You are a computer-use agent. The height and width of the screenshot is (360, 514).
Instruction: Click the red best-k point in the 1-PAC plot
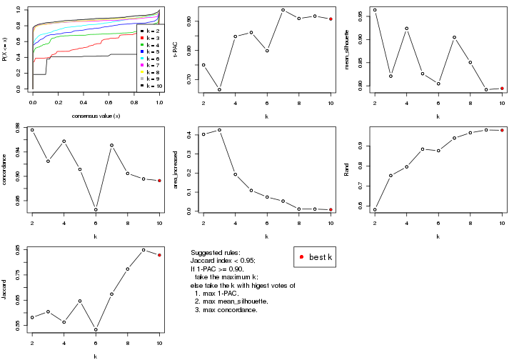[x=331, y=19]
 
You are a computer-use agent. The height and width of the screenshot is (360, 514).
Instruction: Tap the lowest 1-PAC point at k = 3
[x=219, y=89]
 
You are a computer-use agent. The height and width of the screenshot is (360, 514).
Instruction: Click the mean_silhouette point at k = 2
[x=375, y=10]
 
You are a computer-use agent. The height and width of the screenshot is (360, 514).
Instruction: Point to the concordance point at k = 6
[x=96, y=209]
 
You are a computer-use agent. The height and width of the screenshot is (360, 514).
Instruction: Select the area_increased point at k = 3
[x=219, y=130]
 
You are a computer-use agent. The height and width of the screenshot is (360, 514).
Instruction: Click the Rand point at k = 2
[x=375, y=209]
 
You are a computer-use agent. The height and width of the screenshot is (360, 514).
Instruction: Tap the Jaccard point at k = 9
[x=143, y=250]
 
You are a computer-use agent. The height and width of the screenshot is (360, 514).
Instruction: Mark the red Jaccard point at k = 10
[x=159, y=255]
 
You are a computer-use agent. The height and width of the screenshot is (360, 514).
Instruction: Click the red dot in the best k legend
[x=303, y=257]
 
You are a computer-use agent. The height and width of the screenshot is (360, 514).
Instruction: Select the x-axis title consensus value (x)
[x=96, y=116]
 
